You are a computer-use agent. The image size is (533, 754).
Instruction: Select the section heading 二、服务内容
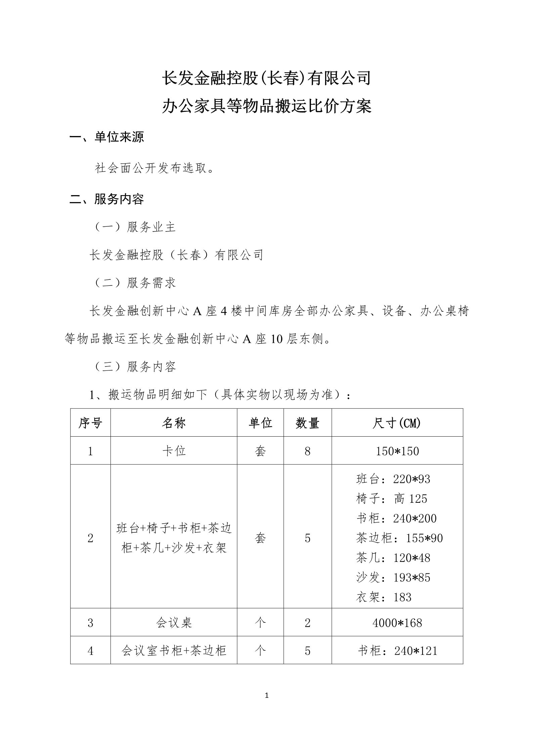click(106, 199)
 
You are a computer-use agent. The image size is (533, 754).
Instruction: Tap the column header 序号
click(90, 423)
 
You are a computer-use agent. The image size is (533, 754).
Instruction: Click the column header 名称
click(174, 423)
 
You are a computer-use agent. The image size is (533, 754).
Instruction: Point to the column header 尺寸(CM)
click(397, 423)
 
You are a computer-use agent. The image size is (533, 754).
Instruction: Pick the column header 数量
click(307, 423)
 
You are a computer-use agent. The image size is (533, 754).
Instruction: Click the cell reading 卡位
click(174, 451)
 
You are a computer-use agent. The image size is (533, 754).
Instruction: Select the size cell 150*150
click(397, 451)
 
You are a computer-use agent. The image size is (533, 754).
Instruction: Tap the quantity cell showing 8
click(307, 451)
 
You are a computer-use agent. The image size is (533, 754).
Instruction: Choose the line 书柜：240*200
click(396, 519)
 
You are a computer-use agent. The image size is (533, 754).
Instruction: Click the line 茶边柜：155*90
click(399, 538)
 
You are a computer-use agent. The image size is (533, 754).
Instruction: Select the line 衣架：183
click(384, 597)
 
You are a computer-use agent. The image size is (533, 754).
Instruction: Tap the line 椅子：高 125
click(391, 499)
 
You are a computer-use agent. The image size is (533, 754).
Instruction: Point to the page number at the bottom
click(267, 696)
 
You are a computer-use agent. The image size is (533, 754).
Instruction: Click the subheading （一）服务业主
click(134, 227)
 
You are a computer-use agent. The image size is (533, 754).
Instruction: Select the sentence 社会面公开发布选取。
click(154, 168)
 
